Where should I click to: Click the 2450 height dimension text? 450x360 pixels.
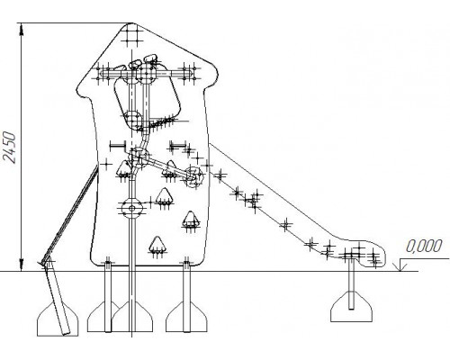(x=8, y=147)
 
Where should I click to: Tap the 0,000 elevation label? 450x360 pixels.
(x=424, y=246)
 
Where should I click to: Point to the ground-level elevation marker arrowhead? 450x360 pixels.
(x=400, y=267)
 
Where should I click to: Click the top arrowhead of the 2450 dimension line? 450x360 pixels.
(x=21, y=29)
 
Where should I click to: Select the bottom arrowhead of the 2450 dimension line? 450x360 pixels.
(x=21, y=265)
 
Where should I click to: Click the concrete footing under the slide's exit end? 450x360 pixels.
(x=351, y=307)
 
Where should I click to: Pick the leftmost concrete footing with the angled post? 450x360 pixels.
(x=58, y=319)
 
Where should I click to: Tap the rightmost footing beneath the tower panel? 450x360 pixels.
(x=186, y=317)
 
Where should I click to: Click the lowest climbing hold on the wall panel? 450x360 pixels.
(x=157, y=246)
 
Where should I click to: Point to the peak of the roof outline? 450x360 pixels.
(x=131, y=23)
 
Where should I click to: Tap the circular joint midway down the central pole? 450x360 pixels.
(x=131, y=208)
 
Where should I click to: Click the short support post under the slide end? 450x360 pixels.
(x=351, y=284)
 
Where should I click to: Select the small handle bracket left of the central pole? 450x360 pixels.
(x=118, y=146)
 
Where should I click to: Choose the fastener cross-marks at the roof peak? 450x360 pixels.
(x=131, y=35)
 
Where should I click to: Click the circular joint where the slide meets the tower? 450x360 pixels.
(x=193, y=177)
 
